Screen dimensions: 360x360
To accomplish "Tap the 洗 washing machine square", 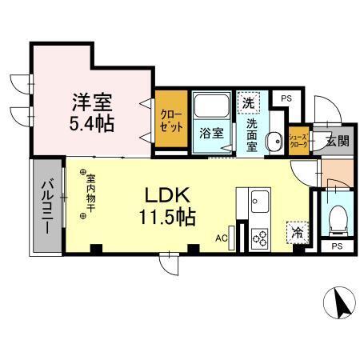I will [x=248, y=102].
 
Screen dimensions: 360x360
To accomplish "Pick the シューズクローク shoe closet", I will [x=298, y=140].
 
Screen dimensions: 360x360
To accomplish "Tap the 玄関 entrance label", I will [x=336, y=141].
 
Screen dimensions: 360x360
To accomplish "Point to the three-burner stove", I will [x=261, y=237].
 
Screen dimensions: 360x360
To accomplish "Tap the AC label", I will [x=222, y=238].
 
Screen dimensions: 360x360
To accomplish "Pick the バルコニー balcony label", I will [x=47, y=206].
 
